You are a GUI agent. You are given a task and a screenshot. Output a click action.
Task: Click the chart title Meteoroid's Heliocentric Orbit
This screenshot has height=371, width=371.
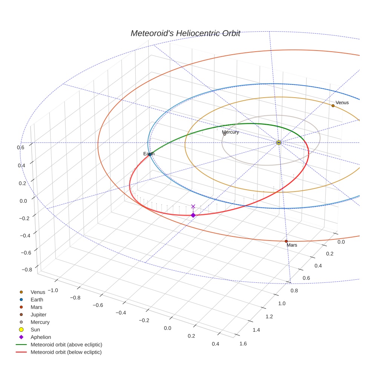point(185,33)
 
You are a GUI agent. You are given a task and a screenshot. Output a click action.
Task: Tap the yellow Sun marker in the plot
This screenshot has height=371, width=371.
point(279,143)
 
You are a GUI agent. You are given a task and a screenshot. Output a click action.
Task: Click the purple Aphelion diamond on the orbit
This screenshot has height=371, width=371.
point(193,215)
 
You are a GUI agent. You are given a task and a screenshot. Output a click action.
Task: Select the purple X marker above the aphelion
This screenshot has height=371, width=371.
point(193,206)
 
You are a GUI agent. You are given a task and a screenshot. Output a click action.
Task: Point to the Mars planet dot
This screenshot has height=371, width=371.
point(286,241)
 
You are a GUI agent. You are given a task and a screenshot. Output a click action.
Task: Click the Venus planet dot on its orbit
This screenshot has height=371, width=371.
point(333,106)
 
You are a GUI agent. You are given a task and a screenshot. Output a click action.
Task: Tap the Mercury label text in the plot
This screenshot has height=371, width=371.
point(230,132)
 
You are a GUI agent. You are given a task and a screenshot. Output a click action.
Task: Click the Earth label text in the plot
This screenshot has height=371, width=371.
point(149,154)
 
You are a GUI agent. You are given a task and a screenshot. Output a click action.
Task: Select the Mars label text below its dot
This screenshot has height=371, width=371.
point(292,245)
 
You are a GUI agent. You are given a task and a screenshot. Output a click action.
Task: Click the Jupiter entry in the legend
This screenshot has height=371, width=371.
point(38,314)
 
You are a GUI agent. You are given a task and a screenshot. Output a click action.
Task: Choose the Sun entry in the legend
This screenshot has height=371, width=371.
point(35,330)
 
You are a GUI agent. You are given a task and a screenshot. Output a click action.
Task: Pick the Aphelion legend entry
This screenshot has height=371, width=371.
point(40,337)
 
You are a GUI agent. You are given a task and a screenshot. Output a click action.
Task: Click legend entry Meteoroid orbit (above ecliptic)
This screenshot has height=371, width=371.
point(66,345)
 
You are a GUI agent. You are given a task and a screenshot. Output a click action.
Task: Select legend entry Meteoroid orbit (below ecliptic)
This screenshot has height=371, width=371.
point(66,352)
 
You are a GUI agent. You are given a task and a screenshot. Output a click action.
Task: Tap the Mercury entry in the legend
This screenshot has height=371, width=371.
point(40,322)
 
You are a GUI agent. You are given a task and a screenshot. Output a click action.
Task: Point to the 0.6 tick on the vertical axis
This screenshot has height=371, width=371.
point(21,147)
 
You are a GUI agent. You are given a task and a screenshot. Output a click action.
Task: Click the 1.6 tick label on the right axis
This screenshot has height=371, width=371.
point(243,343)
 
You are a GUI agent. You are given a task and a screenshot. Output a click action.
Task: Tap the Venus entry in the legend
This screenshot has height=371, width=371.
point(38,292)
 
